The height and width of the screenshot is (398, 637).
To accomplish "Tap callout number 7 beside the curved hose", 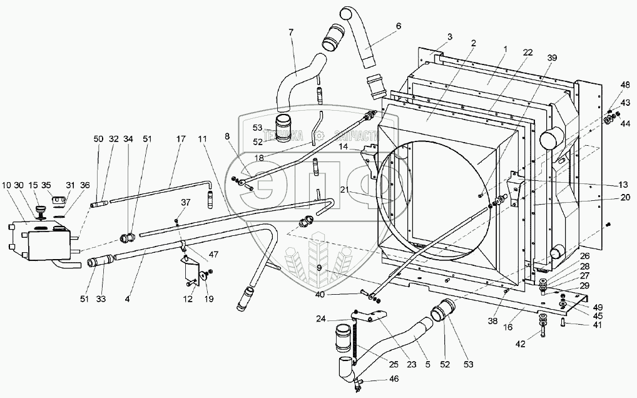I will pos(291,32).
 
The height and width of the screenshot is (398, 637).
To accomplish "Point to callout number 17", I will pos(181,138).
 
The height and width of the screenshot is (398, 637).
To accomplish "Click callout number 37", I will pos(185,202).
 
